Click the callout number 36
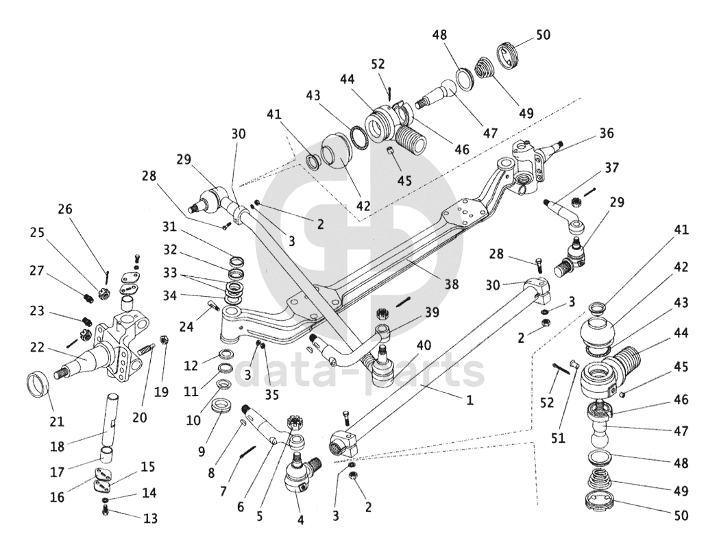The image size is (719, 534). pos(607,134)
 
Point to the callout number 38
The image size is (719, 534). pos(450,283)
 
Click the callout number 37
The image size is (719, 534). pos(611,168)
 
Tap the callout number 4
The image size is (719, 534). pos(300,519)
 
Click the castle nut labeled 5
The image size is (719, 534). pos(297,422)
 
